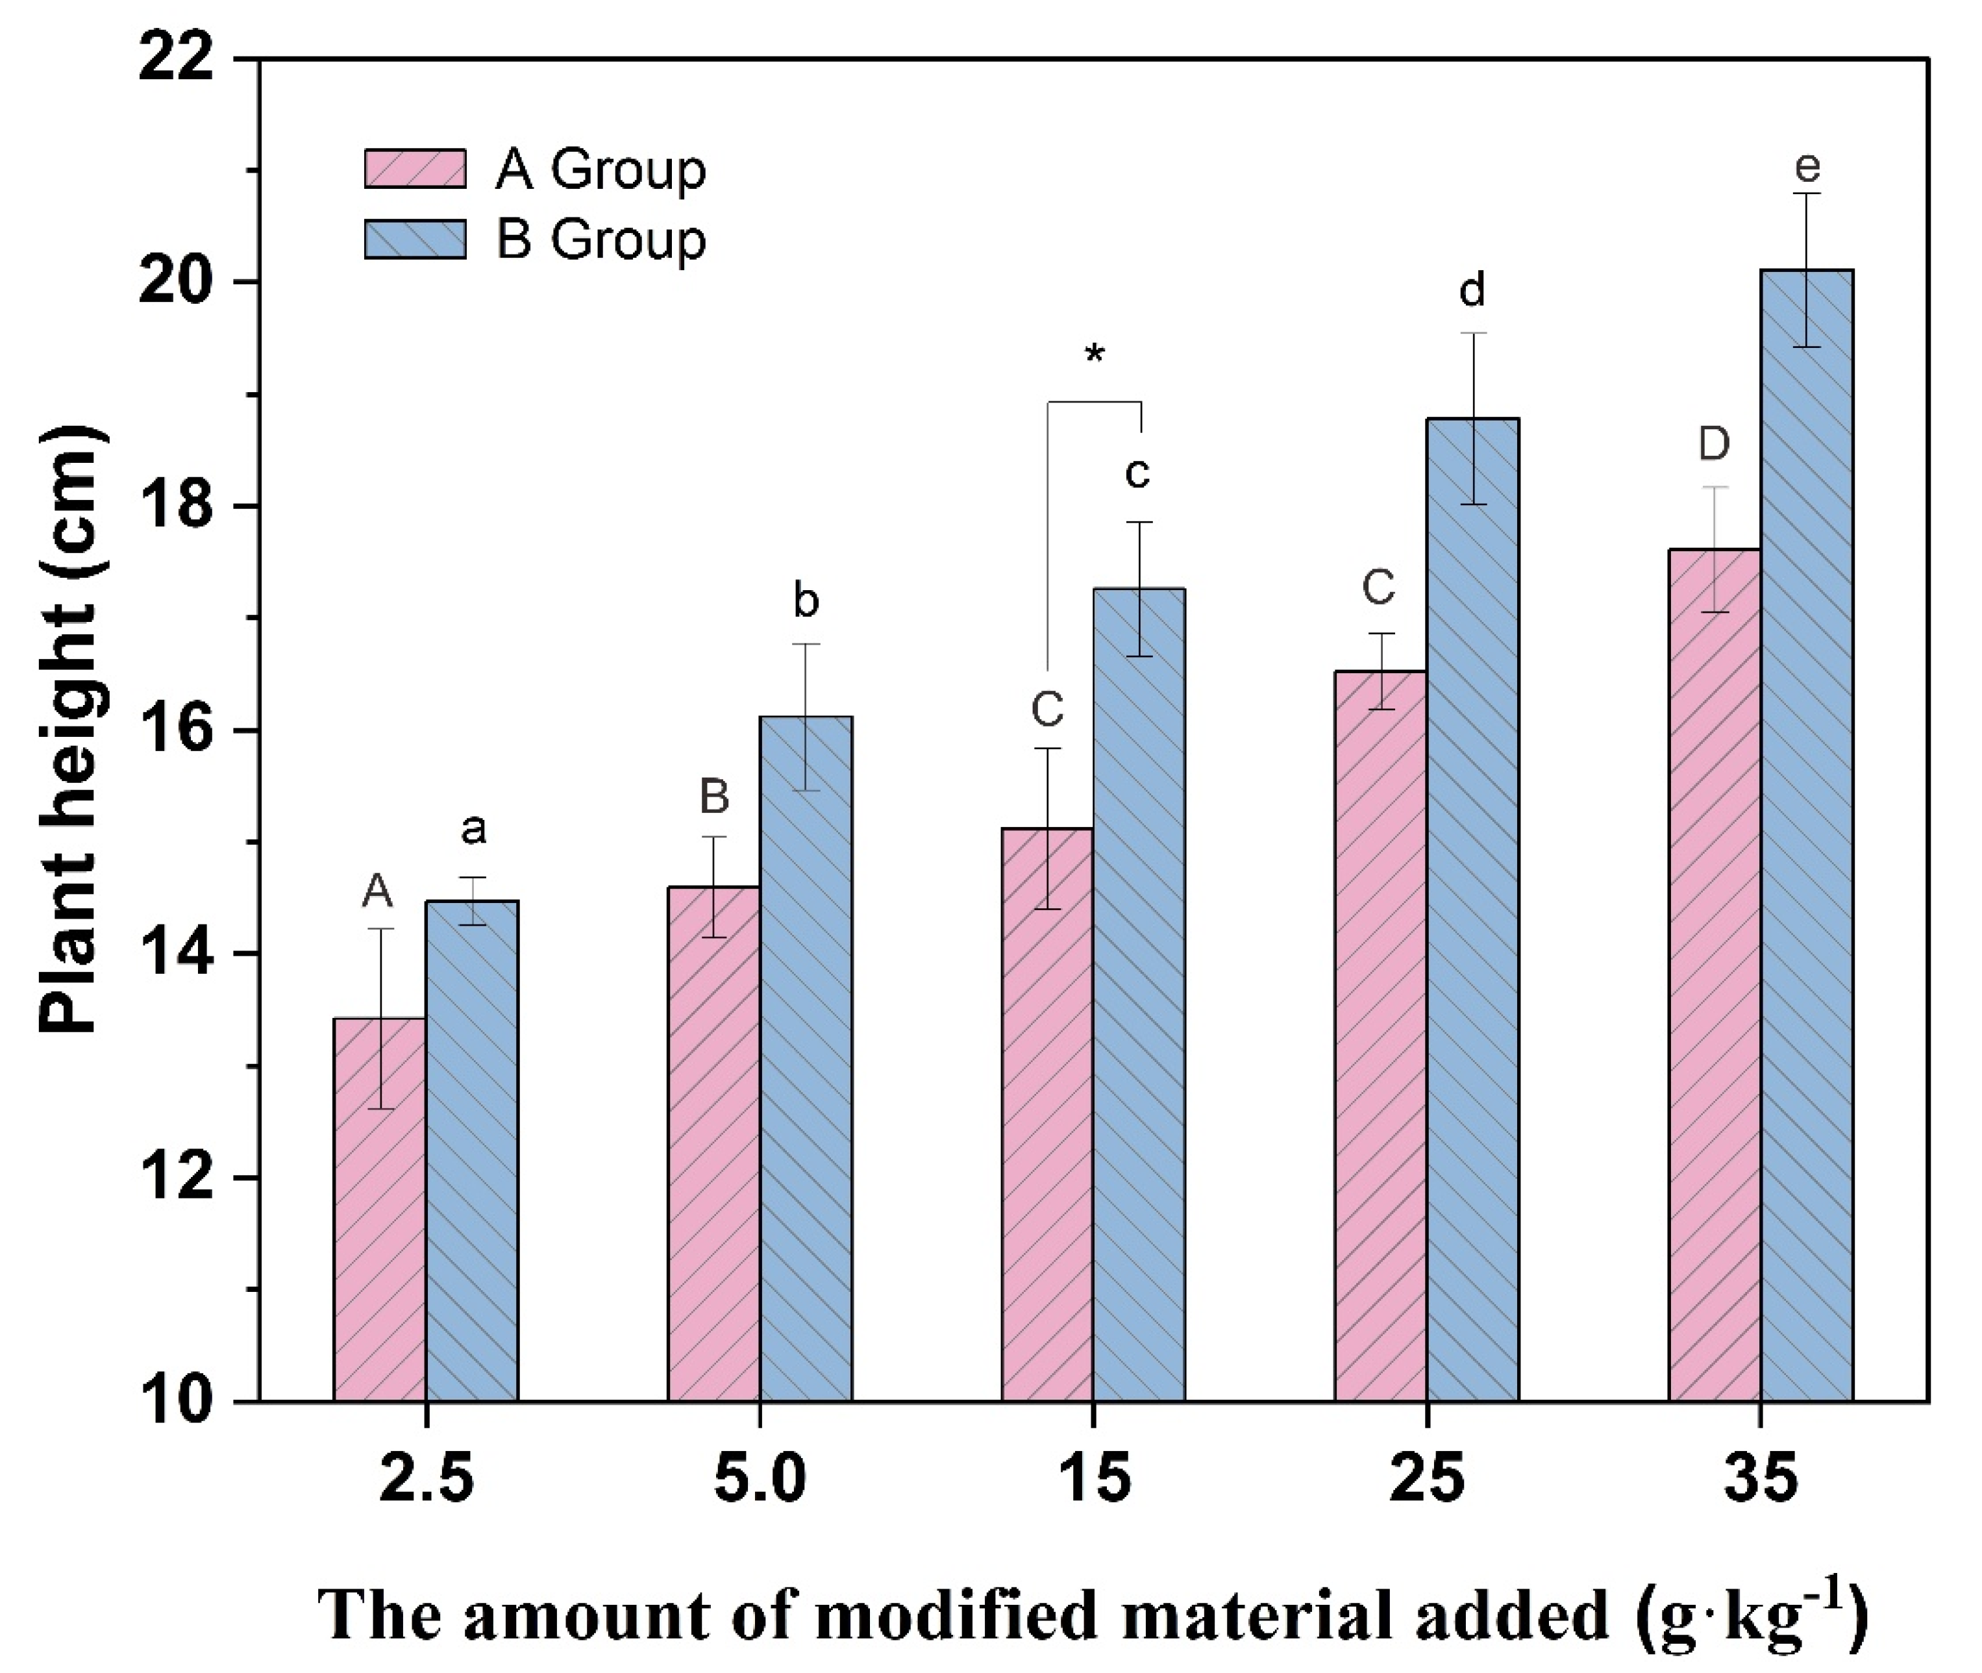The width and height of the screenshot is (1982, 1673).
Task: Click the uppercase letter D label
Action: pyautogui.click(x=1714, y=444)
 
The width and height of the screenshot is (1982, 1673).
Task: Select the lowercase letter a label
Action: pyautogui.click(x=473, y=830)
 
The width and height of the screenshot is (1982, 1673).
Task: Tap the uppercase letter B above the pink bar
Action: pyautogui.click(x=714, y=797)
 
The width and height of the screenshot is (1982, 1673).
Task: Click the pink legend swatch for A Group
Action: pyautogui.click(x=415, y=169)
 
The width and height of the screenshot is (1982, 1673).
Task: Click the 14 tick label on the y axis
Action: pyautogui.click(x=186, y=954)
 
